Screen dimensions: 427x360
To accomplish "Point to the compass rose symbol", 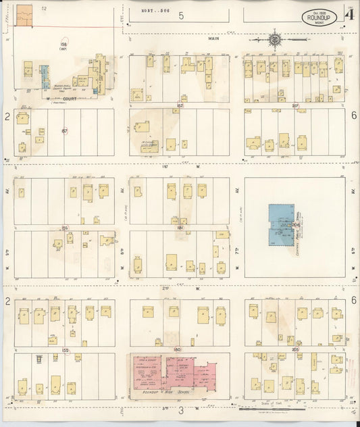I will coord(276,39).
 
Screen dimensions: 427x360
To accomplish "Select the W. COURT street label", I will coord(58,103).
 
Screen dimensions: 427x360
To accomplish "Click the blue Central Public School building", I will coord(278,224).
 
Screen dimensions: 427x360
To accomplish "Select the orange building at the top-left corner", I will coord(24,15).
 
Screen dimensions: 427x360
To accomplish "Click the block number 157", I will coord(64,130).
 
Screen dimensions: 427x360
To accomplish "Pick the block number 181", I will coord(180,228).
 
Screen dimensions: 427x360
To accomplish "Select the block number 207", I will coord(295,106).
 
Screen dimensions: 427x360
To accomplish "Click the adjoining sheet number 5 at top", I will coord(180,15).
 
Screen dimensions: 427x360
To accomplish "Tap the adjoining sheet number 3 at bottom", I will coord(181,409).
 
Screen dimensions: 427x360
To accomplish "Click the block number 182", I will coord(180,106).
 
